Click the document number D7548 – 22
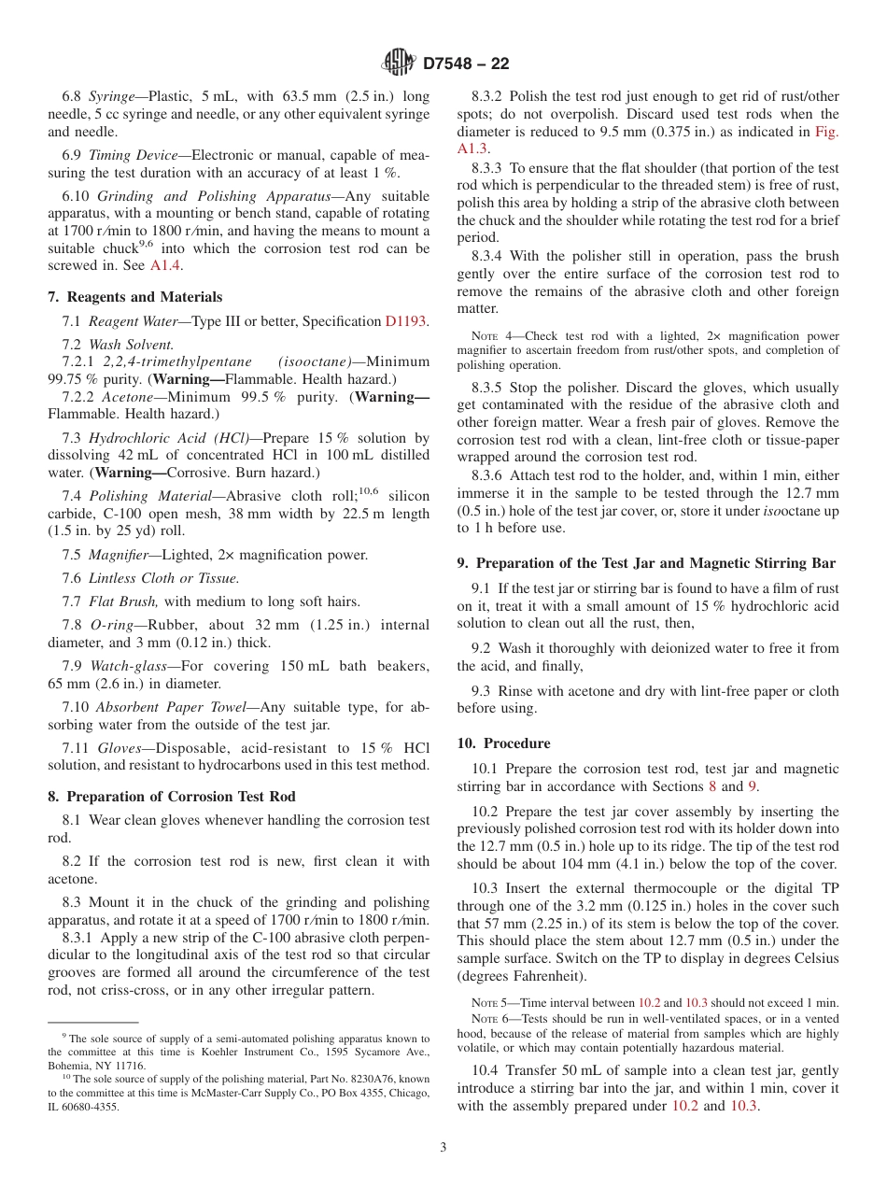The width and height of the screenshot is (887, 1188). [465, 64]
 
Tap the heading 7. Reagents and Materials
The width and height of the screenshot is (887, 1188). [135, 297]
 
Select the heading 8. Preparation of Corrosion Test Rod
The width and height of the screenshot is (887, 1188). [172, 797]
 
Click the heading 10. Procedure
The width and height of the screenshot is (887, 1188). [503, 743]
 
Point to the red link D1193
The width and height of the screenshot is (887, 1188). [405, 321]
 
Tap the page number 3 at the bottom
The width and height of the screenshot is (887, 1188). [443, 1147]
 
